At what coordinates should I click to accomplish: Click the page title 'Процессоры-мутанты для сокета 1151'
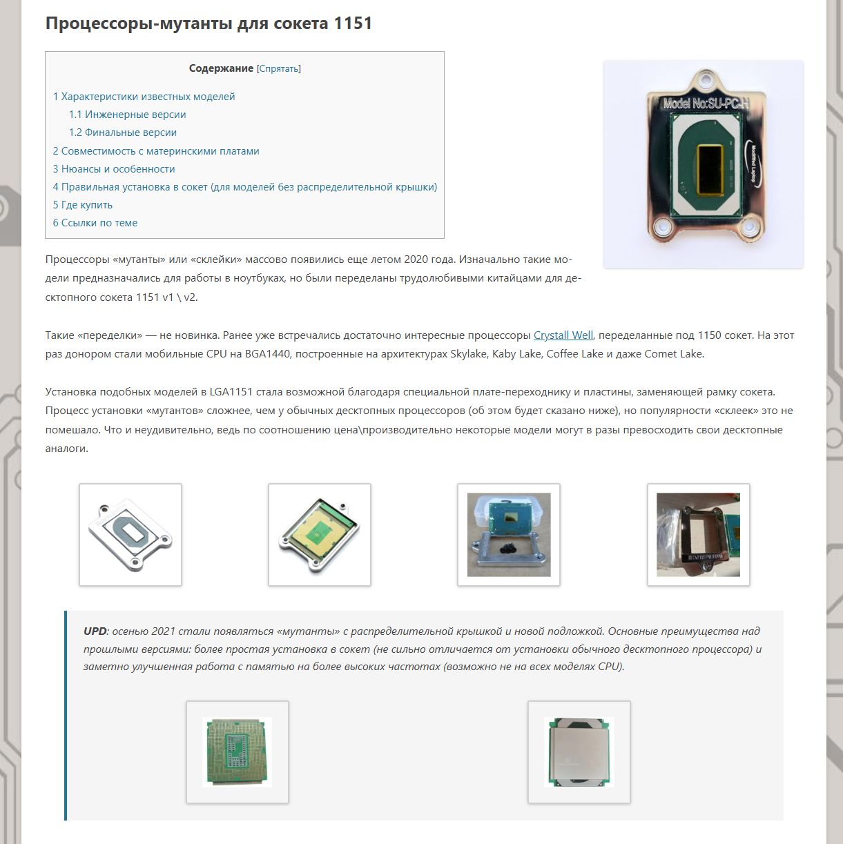(209, 23)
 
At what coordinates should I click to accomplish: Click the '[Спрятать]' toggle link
(279, 68)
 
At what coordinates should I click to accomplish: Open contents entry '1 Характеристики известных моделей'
(144, 97)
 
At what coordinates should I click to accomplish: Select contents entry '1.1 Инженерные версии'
(127, 115)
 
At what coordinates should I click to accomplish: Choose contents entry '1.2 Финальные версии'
(123, 133)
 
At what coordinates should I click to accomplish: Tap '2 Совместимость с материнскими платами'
(156, 151)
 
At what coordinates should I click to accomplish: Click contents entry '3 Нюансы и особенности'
(114, 169)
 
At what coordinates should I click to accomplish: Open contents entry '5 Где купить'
(83, 205)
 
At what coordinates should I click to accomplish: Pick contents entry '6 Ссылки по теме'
(95, 223)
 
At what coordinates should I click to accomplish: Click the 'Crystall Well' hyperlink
(563, 335)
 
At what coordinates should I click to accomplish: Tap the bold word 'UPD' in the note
(95, 631)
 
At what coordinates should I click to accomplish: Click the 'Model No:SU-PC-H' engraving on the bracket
(706, 104)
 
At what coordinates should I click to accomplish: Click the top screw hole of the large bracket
(706, 80)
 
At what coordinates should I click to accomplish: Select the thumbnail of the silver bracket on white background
(130, 535)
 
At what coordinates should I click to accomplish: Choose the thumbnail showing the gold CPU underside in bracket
(320, 535)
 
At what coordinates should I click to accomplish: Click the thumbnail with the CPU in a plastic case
(509, 535)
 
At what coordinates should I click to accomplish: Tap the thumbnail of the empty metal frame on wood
(698, 535)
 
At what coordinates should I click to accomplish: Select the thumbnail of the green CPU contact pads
(238, 752)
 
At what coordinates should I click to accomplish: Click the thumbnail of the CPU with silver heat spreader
(579, 752)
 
